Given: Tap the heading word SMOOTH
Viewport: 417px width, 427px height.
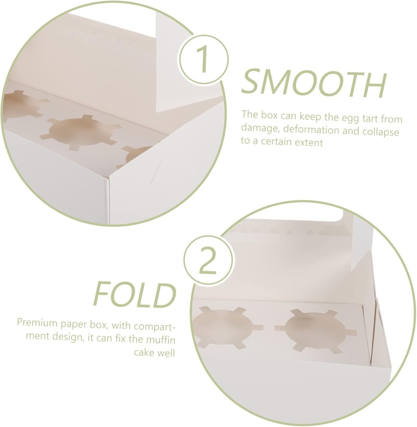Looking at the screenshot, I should [313, 83].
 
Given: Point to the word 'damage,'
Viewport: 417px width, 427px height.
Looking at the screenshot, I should [258, 131].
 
